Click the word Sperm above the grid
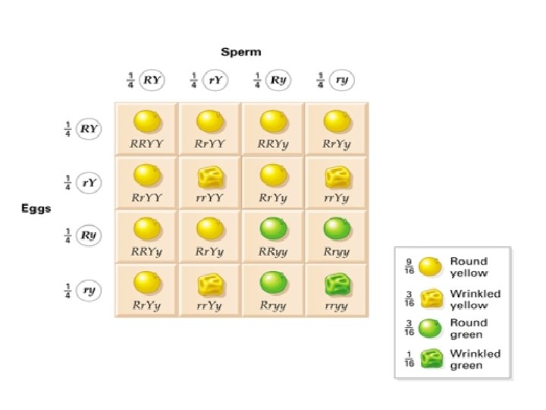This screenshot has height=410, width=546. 240,52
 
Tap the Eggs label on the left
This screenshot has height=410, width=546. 36,209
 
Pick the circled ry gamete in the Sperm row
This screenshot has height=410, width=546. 342,80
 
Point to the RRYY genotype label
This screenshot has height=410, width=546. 145,143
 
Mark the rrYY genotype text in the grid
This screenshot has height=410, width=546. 209,197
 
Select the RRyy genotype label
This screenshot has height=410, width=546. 272,251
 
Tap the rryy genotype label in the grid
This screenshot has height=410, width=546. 336,305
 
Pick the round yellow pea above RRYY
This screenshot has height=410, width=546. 145,121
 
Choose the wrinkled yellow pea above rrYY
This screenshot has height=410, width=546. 209,178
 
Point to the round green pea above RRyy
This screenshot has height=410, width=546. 272,230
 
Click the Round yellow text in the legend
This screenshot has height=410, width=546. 468,267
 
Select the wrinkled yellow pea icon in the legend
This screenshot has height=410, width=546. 431,299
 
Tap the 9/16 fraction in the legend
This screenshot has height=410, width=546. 407,267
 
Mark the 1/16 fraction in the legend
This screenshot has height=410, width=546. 407,359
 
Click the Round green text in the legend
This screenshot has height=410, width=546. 468,328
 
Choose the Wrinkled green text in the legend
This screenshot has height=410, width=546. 475,359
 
